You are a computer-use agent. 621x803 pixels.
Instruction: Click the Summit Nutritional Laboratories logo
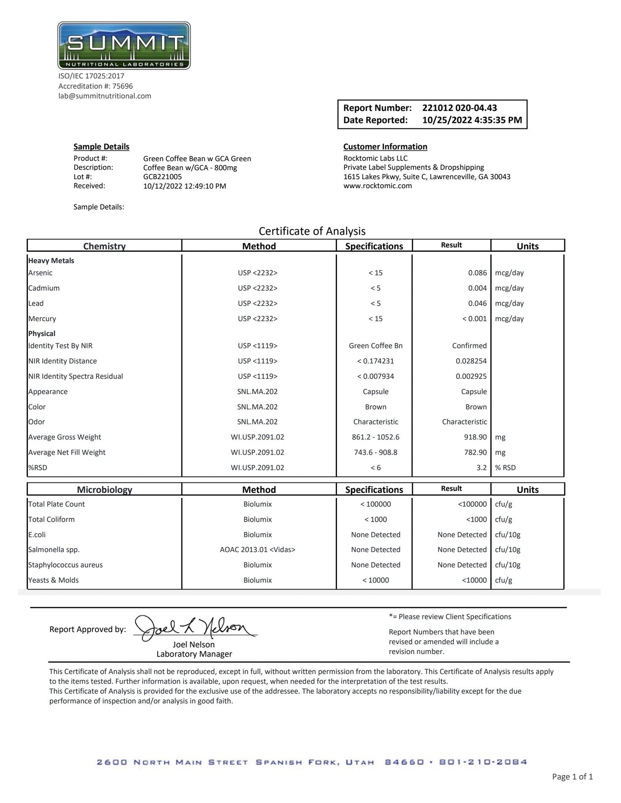coord(124,46)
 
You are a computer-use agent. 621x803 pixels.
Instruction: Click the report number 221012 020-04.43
coord(459,108)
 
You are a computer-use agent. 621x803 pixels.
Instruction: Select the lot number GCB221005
coord(162,177)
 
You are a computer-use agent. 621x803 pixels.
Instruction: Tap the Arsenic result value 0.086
coord(477,273)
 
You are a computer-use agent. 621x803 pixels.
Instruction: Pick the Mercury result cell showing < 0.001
coord(474,319)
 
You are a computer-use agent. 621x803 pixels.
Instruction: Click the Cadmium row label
coord(44,288)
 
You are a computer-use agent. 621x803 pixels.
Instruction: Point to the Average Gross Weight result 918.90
coord(475,437)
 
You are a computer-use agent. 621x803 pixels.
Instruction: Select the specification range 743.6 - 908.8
coord(376,452)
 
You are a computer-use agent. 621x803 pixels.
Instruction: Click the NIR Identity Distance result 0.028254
coord(471,361)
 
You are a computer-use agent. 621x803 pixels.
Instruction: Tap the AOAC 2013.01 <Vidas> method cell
coord(257,550)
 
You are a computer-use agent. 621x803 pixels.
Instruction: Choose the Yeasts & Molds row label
coord(53,580)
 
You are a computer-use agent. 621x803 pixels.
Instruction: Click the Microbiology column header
coord(104,489)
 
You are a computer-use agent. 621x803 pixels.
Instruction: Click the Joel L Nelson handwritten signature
coord(193,629)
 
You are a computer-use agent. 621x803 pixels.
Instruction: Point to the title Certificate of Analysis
coord(312,231)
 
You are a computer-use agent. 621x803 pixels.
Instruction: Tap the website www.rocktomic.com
coord(377,186)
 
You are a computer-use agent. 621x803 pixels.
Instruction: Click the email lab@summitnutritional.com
coord(105,96)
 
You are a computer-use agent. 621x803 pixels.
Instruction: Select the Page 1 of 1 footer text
coord(572,776)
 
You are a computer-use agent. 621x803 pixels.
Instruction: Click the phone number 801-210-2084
coord(483,762)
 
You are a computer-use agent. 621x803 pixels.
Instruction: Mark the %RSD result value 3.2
coord(481,467)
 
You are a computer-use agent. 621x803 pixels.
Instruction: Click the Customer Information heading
coord(385,147)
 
